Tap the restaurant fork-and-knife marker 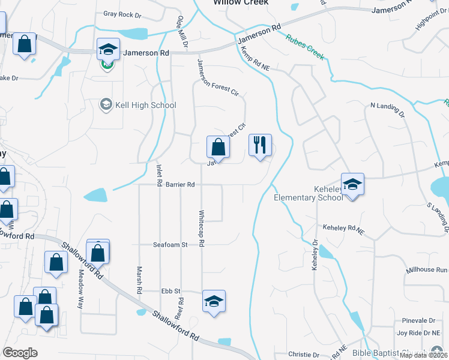click(x=260, y=146)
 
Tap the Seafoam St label click(x=170, y=245)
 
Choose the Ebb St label click(x=170, y=291)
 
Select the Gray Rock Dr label click(x=122, y=13)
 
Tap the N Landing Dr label click(x=388, y=110)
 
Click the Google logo click(x=20, y=352)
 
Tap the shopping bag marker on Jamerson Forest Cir click(x=218, y=148)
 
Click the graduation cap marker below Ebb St click(x=214, y=302)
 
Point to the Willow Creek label click(x=241, y=2)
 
